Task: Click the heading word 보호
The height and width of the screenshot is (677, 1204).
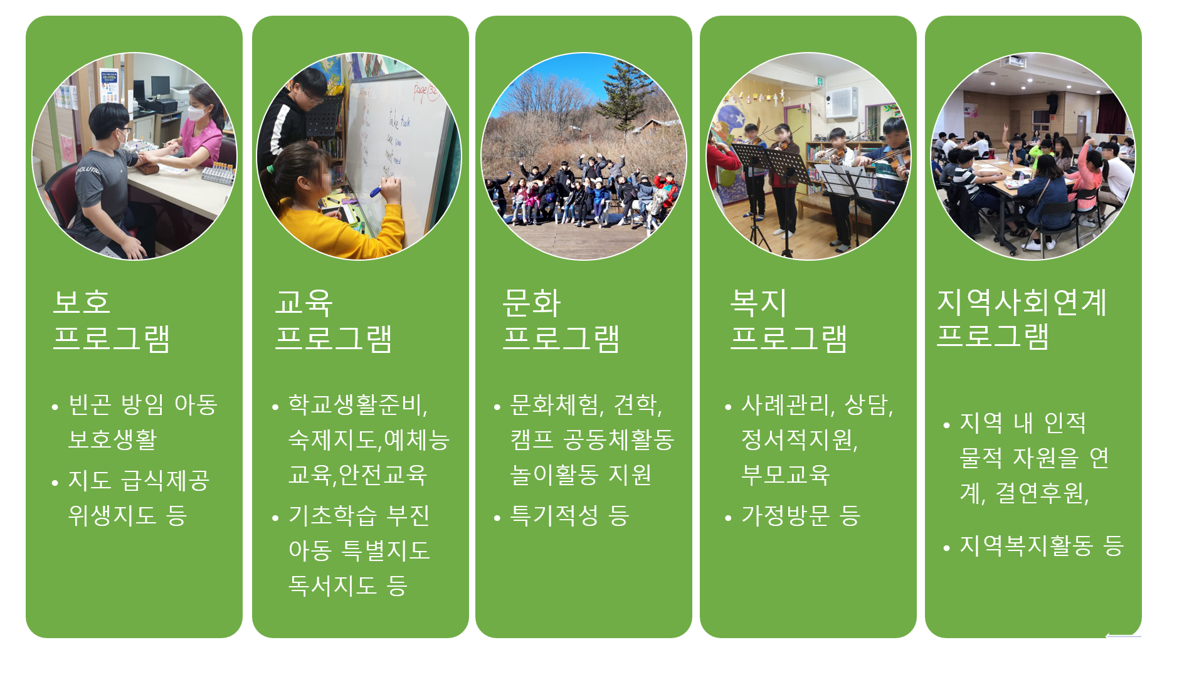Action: pos(82,302)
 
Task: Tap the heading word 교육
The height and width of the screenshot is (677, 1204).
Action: pos(304,302)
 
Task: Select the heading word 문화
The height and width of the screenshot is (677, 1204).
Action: pos(531,302)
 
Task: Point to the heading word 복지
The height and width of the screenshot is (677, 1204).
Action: pos(758,302)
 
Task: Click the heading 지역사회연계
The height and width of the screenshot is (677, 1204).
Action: pos(1022,302)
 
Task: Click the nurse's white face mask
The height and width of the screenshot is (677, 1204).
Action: pos(198,113)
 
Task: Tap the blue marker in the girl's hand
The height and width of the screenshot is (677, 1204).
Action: pos(376,191)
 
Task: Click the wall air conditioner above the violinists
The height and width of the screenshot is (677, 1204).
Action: pos(842,103)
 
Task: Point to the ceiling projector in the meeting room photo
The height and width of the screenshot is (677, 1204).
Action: pos(1013,61)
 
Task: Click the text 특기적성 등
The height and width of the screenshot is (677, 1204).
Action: pos(569,516)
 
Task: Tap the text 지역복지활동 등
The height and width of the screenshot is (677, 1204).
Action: pos(1042,545)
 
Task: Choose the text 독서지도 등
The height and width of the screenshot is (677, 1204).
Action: pos(348,585)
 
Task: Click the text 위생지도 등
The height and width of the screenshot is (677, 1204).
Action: pos(127,515)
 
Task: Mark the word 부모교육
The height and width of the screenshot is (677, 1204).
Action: pos(785,475)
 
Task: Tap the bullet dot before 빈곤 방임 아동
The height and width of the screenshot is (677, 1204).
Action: pos(55,407)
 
